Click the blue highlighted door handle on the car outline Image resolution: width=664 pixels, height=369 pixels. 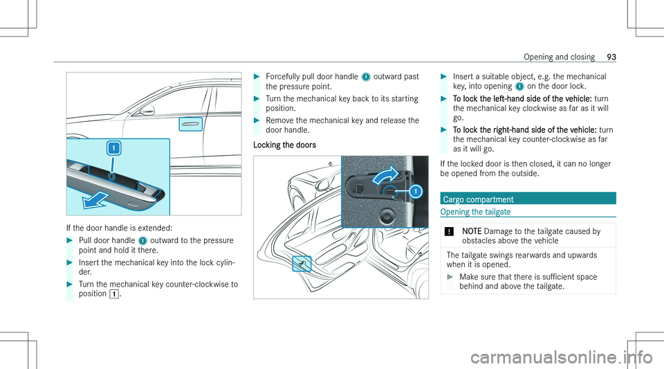tap(189, 125)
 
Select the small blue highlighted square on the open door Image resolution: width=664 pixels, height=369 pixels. tap(302, 262)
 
